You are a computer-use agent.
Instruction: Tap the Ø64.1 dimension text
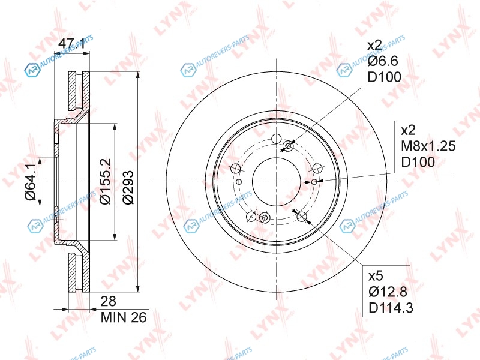point(31,182)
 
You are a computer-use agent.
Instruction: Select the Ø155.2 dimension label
point(105,181)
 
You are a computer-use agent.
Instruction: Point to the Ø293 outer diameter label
point(128,187)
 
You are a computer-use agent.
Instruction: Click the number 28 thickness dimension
point(109,302)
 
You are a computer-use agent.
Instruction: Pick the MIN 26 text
point(124,317)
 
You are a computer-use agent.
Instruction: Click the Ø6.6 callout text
point(383,61)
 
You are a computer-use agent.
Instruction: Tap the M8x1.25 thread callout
point(428,146)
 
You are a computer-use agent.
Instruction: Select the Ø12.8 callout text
point(388,292)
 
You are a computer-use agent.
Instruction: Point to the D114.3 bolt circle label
point(391,308)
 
